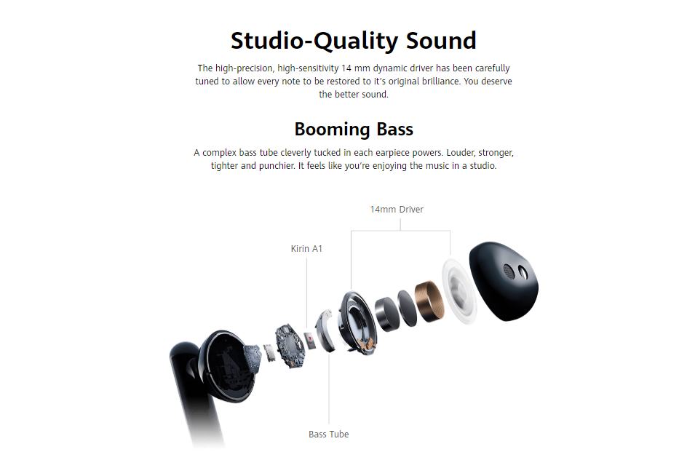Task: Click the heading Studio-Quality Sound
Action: pos(353,41)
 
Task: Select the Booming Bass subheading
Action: pos(354,130)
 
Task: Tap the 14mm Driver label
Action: pos(397,210)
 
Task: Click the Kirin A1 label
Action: pos(306,249)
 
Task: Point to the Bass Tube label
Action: pos(329,435)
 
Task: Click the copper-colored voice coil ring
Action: pos(429,301)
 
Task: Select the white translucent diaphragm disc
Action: pos(458,291)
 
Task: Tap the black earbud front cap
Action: pos(504,280)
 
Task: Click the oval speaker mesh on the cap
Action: pos(508,271)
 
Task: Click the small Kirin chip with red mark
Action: pos(310,341)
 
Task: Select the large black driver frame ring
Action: pos(357,322)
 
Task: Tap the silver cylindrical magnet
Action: pos(387,314)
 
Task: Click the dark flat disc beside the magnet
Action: pos(408,308)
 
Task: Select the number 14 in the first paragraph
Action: pos(346,68)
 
